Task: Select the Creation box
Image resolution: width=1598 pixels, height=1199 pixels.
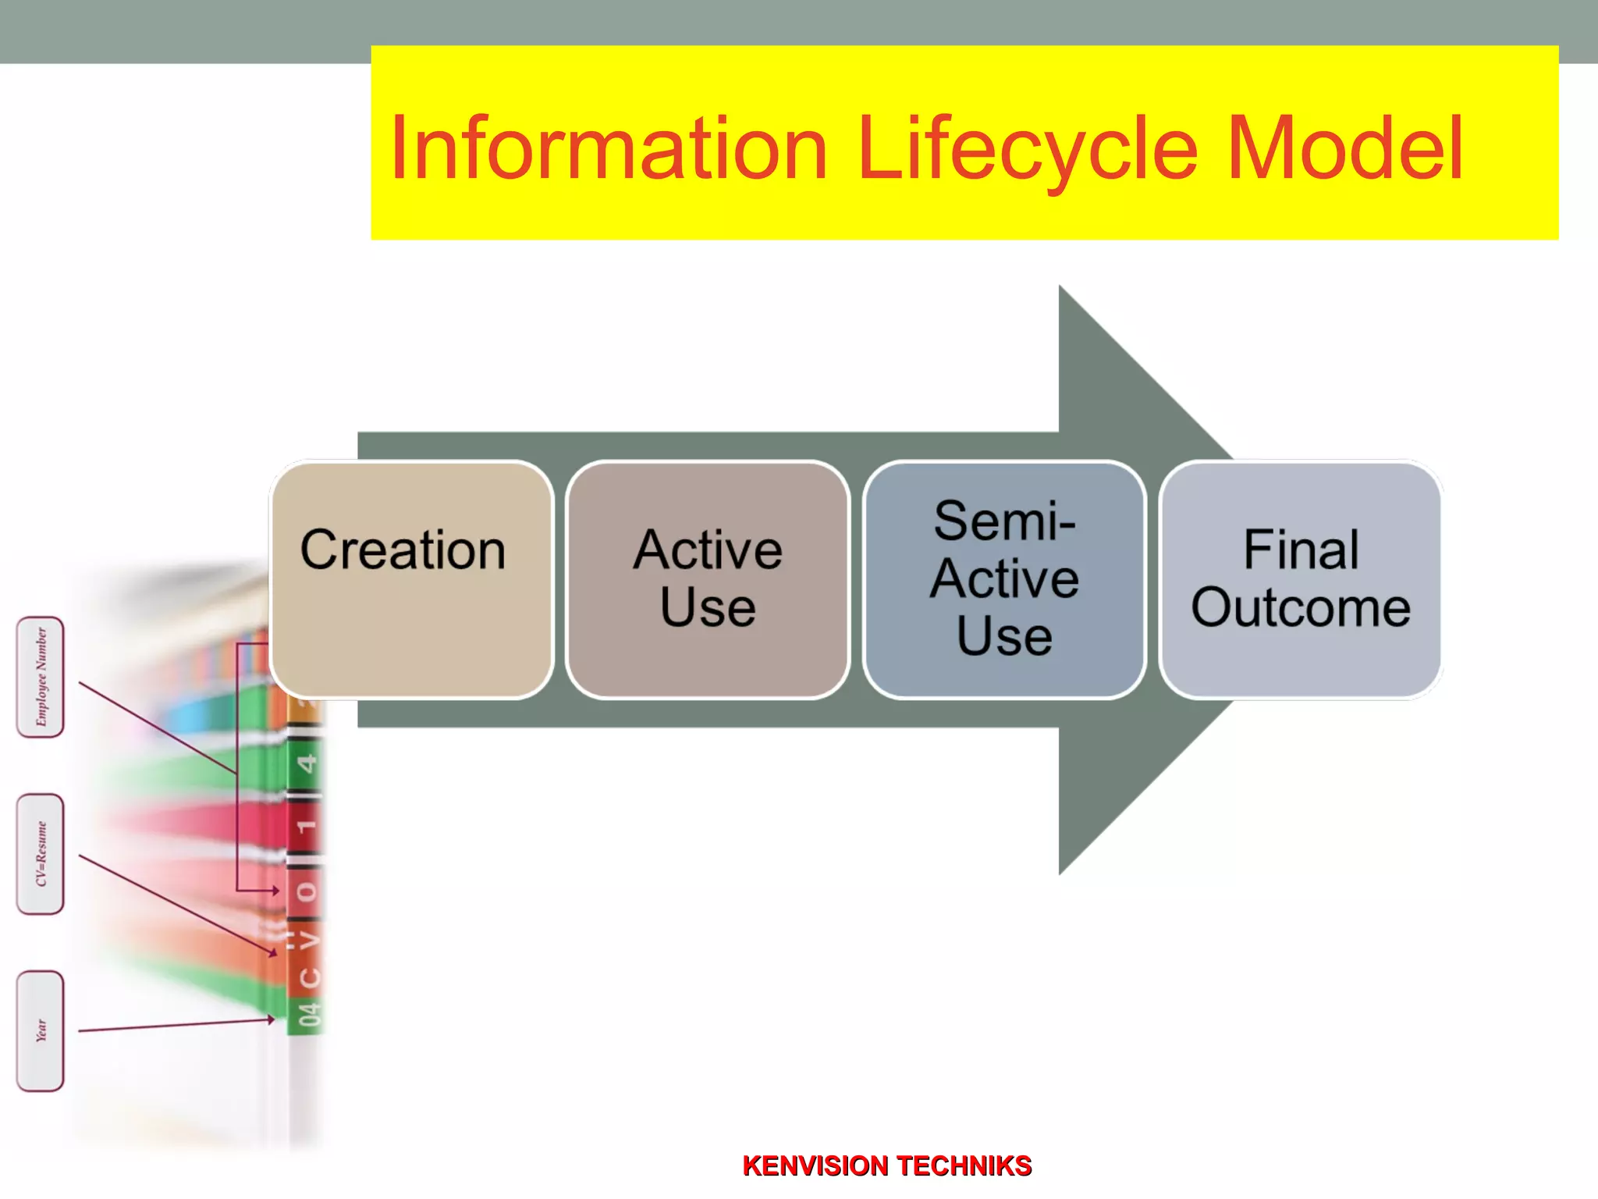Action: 411,579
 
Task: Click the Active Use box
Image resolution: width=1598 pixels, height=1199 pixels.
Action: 708,579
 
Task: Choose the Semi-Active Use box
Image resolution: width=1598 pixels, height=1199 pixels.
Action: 1004,579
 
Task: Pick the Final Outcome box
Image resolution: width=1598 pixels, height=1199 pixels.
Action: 1301,579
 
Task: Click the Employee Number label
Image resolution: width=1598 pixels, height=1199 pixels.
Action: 41,677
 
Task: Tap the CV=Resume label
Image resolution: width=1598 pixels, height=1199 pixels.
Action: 41,854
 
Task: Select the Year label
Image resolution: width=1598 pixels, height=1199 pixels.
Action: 41,1030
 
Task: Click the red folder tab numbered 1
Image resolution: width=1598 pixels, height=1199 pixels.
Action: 307,826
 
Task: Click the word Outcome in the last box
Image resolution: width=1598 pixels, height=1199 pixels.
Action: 1301,608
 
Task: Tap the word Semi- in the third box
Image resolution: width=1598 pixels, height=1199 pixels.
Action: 1004,521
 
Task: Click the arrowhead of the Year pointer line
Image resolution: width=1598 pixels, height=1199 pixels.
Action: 272,1019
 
